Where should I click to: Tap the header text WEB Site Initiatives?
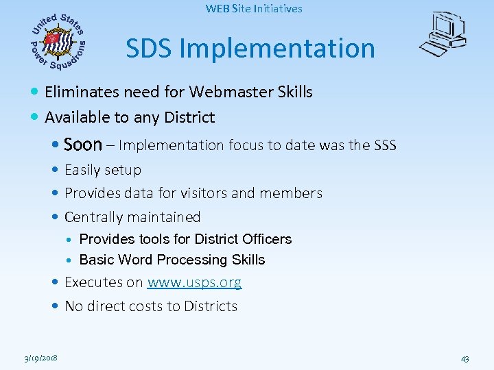pos(254,9)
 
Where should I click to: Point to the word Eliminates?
pos(80,92)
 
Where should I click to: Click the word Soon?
pos(82,145)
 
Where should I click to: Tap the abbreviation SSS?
pos(384,145)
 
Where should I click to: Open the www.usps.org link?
pos(194,282)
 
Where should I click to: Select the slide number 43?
pos(464,358)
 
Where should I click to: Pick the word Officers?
pos(267,239)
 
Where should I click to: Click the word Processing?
pos(189,260)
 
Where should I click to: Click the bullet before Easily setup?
pos(55,170)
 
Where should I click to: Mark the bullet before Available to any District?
pos(35,118)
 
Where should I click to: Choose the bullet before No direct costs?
pos(55,306)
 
